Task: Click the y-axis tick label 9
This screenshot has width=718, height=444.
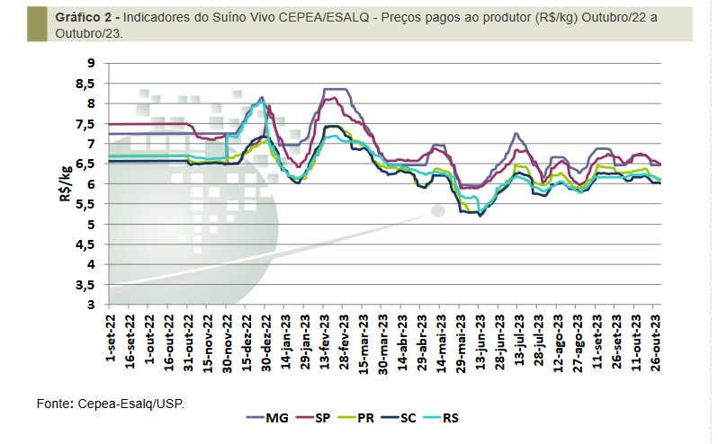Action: point(91,63)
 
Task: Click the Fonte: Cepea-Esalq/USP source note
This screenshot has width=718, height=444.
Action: point(110,404)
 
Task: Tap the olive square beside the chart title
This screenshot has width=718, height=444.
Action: point(35,22)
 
